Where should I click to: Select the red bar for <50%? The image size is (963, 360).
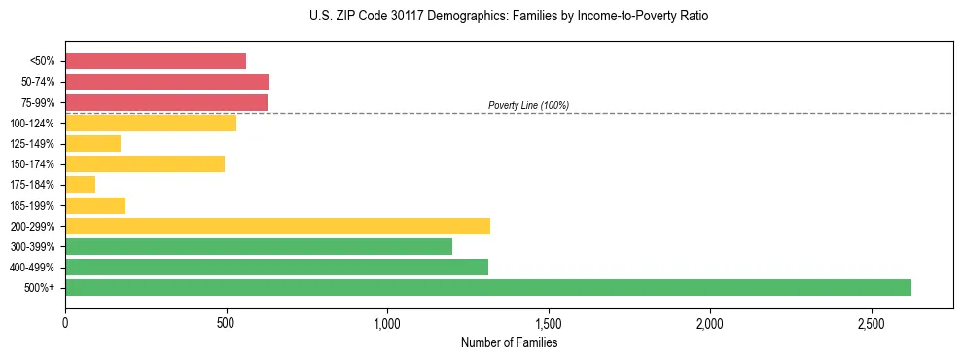pyautogui.click(x=156, y=60)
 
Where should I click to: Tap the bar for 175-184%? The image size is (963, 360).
pyautogui.click(x=80, y=184)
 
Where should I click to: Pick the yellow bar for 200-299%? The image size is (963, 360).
pyautogui.click(x=277, y=226)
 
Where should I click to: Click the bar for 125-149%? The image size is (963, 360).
pyautogui.click(x=92, y=143)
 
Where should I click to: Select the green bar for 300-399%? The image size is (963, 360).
pyautogui.click(x=259, y=246)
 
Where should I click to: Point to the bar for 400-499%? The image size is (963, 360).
pyautogui.click(x=276, y=267)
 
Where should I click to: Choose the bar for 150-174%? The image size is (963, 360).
pyautogui.click(x=145, y=163)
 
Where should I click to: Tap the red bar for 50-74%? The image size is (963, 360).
pyautogui.click(x=167, y=82)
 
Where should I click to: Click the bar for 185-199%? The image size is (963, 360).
pyautogui.click(x=95, y=205)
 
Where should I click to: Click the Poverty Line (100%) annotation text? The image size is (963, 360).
pyautogui.click(x=528, y=105)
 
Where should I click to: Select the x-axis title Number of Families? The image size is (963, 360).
pyautogui.click(x=509, y=342)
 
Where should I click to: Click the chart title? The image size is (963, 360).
pyautogui.click(x=509, y=17)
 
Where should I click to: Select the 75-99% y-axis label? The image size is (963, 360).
pyautogui.click(x=38, y=102)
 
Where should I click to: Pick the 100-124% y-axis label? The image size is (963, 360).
pyautogui.click(x=34, y=123)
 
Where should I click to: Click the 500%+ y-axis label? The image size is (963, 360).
pyautogui.click(x=41, y=288)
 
